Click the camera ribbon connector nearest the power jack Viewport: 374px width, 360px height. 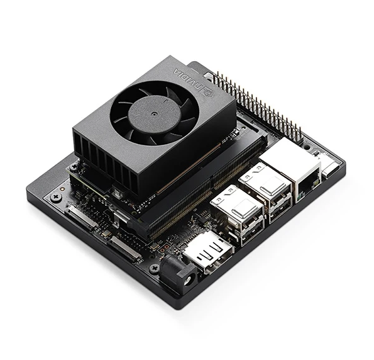click(x=123, y=248)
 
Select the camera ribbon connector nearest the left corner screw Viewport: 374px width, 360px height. click(x=82, y=217)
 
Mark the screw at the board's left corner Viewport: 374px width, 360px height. click(x=55, y=197)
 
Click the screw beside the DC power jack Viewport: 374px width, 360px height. click(x=154, y=267)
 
